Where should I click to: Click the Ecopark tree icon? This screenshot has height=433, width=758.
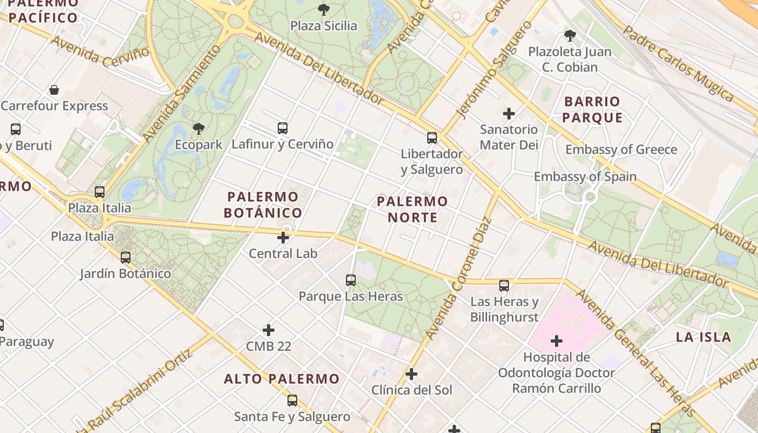(199, 129)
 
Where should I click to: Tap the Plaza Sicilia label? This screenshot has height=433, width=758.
(324, 25)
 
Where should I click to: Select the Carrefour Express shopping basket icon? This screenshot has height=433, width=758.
(54, 90)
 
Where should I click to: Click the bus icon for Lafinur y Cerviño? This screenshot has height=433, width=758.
(283, 128)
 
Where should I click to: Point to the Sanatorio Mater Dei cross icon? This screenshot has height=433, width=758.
(509, 114)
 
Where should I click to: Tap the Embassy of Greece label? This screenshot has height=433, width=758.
(621, 149)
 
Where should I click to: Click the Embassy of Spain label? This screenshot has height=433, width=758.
(585, 176)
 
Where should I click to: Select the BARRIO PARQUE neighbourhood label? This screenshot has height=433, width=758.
(592, 109)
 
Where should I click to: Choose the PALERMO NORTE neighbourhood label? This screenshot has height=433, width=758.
(413, 209)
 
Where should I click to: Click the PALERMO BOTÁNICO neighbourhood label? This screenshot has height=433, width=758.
(263, 205)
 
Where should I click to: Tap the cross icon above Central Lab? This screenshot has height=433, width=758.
(283, 237)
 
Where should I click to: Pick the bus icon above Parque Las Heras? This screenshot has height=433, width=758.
(351, 280)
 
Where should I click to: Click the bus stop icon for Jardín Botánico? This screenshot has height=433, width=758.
(126, 258)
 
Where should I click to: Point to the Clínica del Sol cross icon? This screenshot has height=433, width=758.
(411, 374)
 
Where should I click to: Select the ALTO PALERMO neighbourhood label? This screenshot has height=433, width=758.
(282, 379)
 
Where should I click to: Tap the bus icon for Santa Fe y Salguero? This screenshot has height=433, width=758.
(292, 401)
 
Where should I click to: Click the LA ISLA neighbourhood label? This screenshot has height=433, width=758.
(703, 337)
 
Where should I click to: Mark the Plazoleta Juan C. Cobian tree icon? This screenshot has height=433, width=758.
(570, 36)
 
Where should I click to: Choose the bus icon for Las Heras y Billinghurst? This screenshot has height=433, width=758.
(504, 286)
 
